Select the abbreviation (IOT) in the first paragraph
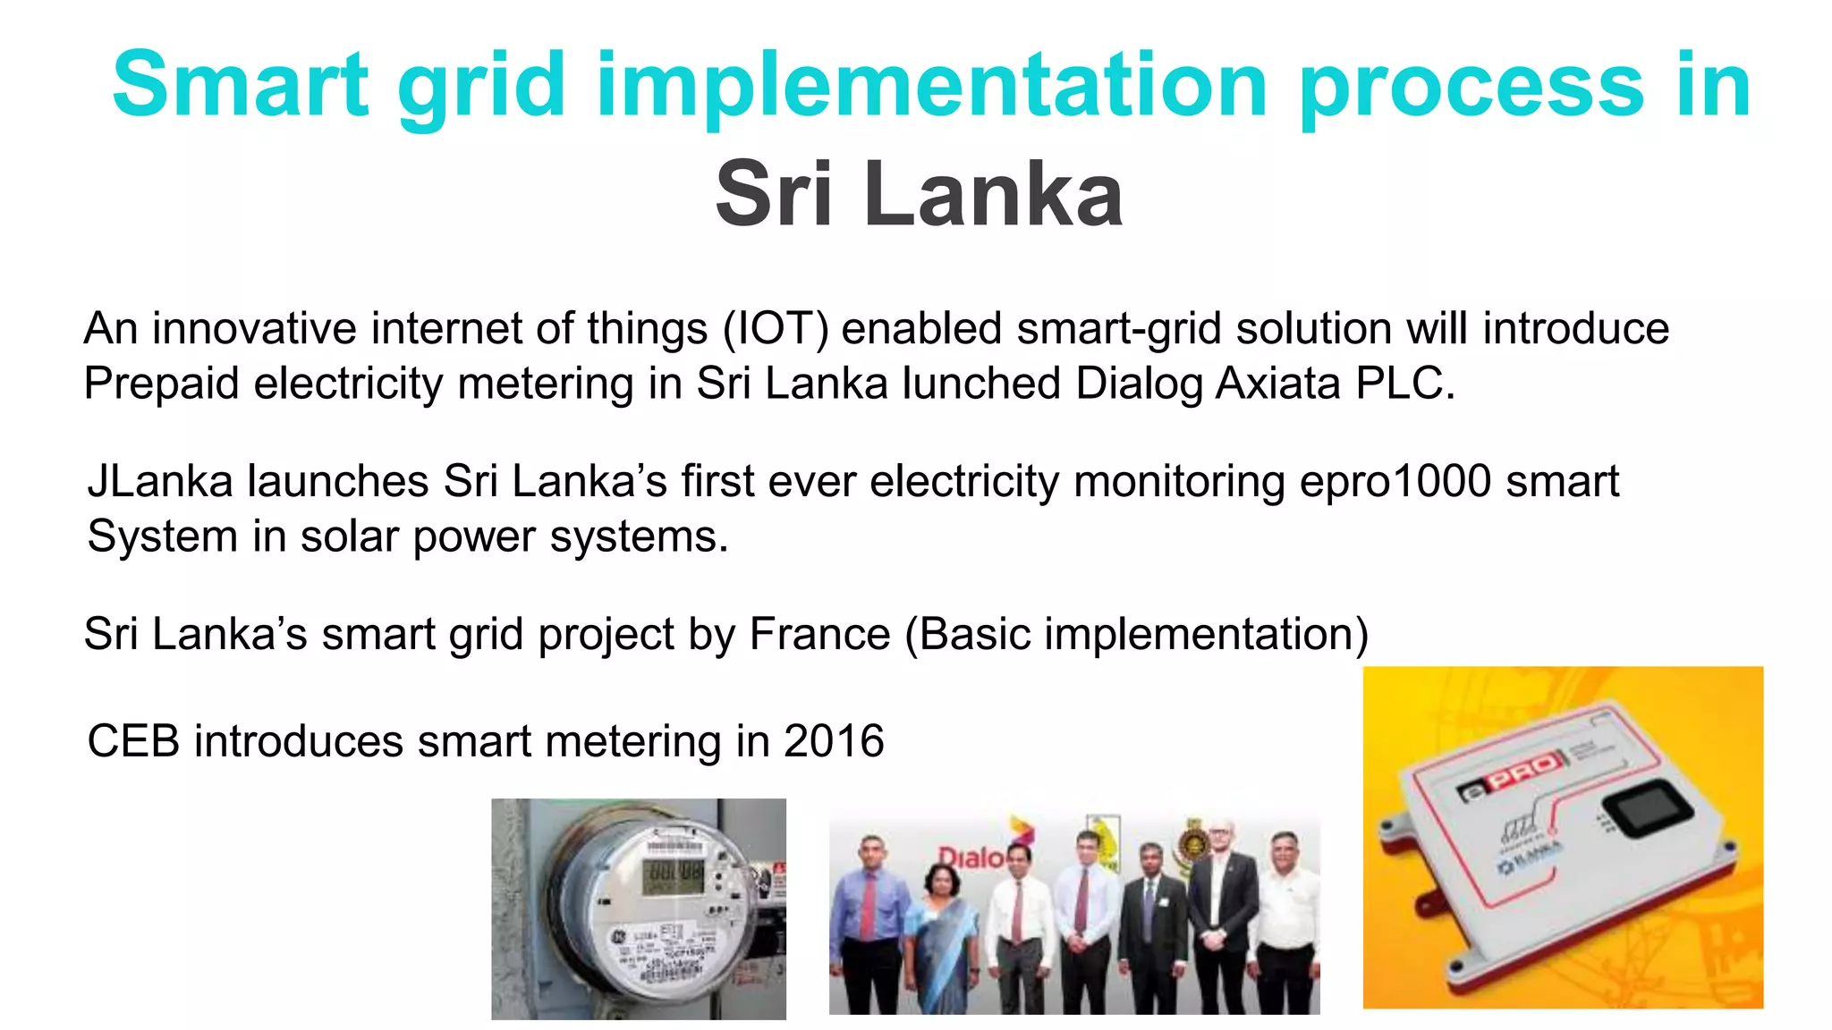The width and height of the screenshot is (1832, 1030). (776, 329)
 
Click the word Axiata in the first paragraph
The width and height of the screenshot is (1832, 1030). (1278, 384)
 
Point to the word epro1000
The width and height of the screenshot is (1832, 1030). (1395, 482)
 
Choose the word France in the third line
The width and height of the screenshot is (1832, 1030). (819, 635)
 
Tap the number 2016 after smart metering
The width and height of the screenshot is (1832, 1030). (834, 742)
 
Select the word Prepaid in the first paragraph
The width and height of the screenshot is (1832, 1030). (161, 384)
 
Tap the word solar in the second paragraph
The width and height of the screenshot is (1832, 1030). (350, 537)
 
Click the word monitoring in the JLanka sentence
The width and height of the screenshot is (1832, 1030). (1178, 482)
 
